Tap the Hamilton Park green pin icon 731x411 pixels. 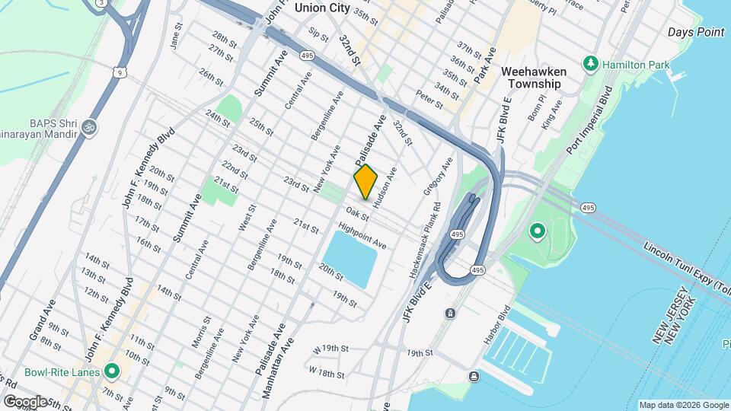click(x=590, y=63)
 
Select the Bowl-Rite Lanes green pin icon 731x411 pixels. click(x=113, y=371)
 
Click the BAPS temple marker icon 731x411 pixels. click(x=90, y=126)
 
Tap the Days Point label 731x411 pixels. click(x=695, y=32)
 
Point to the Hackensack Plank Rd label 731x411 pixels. click(x=425, y=237)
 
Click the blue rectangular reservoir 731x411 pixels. click(x=350, y=259)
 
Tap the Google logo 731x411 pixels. click(x=25, y=401)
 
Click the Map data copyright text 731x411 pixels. click(x=683, y=405)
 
